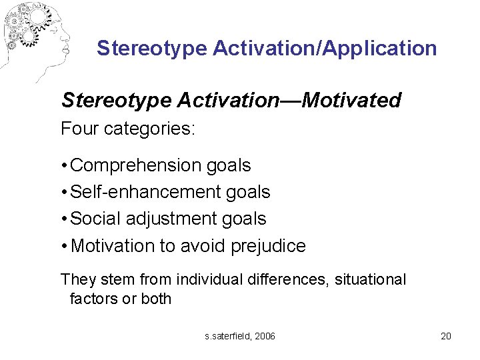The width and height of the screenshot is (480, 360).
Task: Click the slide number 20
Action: tap(446, 336)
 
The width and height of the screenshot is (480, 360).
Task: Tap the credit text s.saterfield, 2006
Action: tap(240, 336)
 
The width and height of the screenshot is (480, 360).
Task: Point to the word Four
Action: tap(79, 129)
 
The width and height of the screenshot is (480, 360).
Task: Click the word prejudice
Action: tap(268, 246)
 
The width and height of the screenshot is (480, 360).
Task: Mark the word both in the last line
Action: tap(157, 299)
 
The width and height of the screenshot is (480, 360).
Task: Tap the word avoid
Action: tap(201, 246)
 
